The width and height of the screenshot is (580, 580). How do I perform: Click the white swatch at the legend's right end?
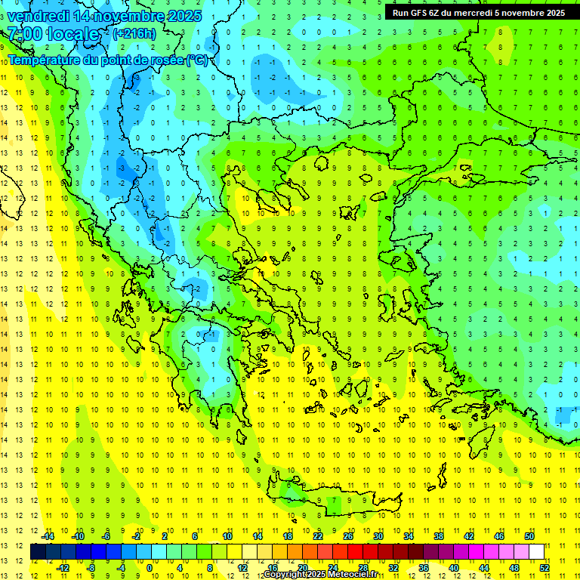(x=536, y=552)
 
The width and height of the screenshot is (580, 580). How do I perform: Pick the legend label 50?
(x=529, y=536)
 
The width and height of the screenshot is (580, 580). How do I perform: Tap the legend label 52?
(x=545, y=568)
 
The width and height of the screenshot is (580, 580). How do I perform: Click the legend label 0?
(x=150, y=568)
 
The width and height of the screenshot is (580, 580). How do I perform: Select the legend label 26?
(x=348, y=536)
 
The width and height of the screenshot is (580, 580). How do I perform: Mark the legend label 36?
(x=424, y=568)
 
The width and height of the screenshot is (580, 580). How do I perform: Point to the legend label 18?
(x=288, y=536)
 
